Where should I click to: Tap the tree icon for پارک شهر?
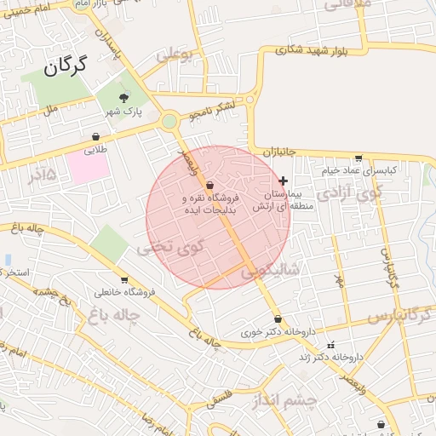tap(125, 98)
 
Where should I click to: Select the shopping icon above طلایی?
tap(95, 136)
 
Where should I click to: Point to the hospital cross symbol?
tap(284, 181)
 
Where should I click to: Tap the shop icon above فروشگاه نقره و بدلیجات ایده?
tap(209, 185)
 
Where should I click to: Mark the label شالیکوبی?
tap(271, 272)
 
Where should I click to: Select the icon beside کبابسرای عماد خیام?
tap(359, 158)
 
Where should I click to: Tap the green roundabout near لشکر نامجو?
tap(170, 121)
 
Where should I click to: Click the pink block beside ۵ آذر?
tap(89, 167)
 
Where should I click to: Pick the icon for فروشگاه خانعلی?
tap(124, 280)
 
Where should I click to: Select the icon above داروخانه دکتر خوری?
tap(278, 319)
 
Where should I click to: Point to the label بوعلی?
tap(175, 57)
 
